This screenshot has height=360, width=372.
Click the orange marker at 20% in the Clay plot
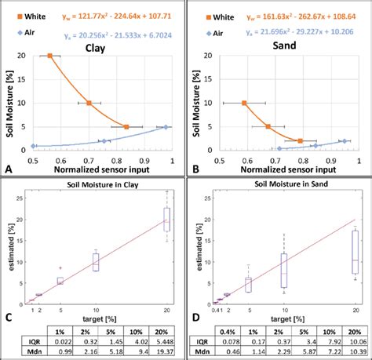pos(49,56)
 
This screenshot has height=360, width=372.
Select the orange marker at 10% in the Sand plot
pos(244,103)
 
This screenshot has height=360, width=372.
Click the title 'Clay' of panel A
pos(97,48)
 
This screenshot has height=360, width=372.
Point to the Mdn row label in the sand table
pos(202,353)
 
